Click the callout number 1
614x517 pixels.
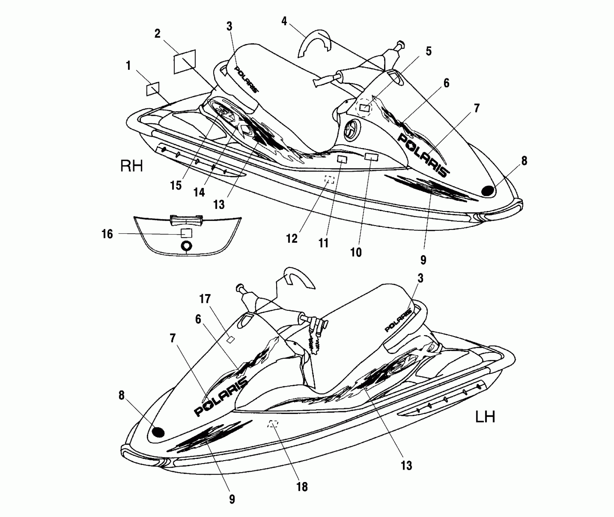[128, 66]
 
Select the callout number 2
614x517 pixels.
[157, 34]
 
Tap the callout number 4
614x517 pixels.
[284, 21]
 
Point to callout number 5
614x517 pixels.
[428, 51]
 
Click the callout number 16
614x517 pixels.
[107, 234]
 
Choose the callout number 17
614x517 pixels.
[205, 299]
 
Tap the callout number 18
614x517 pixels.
[302, 487]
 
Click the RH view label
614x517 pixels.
[132, 166]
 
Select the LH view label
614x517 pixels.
[485, 417]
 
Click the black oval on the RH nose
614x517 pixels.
[487, 191]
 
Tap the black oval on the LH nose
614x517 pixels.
[158, 432]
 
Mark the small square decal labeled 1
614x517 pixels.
[153, 88]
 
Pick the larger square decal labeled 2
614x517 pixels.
[184, 62]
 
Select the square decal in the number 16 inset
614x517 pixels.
[186, 233]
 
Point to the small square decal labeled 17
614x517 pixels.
[231, 339]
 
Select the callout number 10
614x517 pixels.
[356, 252]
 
